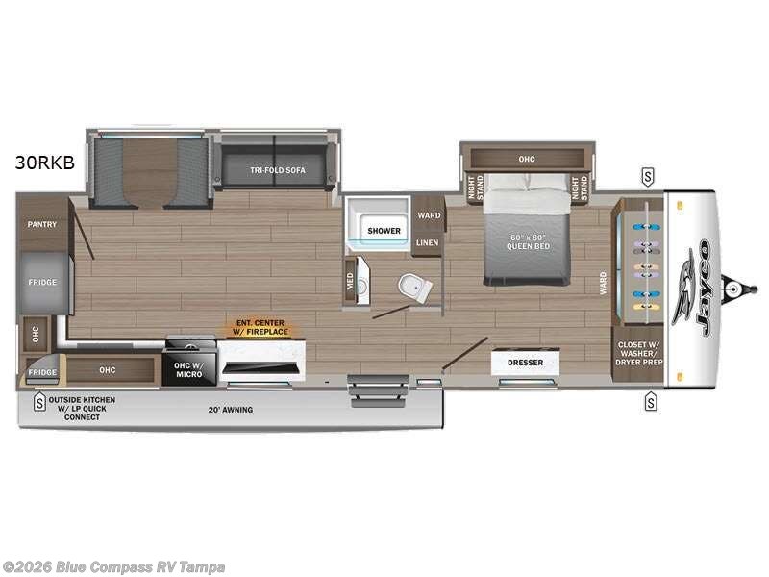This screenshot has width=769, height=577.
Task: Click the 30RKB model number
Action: pos(45,163)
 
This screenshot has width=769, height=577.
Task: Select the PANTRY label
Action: pos(42,225)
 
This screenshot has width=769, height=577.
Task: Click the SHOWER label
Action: pos(384,231)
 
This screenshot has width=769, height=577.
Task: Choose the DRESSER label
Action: pos(525,363)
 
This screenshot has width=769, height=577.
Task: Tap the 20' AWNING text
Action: pos(231,410)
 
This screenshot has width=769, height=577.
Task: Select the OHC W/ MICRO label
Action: pos(188,368)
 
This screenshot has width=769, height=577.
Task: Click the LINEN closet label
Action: pos(429,242)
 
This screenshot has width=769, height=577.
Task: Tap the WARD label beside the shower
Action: pos(429,215)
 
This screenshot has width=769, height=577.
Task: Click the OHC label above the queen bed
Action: pos(526,159)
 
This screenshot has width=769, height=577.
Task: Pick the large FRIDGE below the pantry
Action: pos(42,283)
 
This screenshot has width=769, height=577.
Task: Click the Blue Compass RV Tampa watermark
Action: pos(113,567)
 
